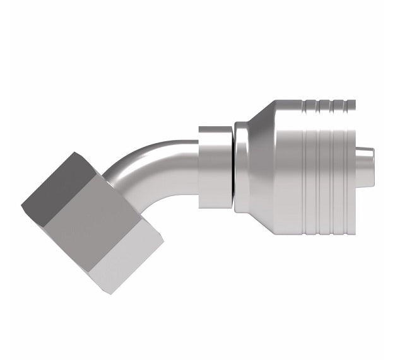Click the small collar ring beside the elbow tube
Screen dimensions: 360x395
214,167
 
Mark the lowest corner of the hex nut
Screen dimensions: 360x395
112,294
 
